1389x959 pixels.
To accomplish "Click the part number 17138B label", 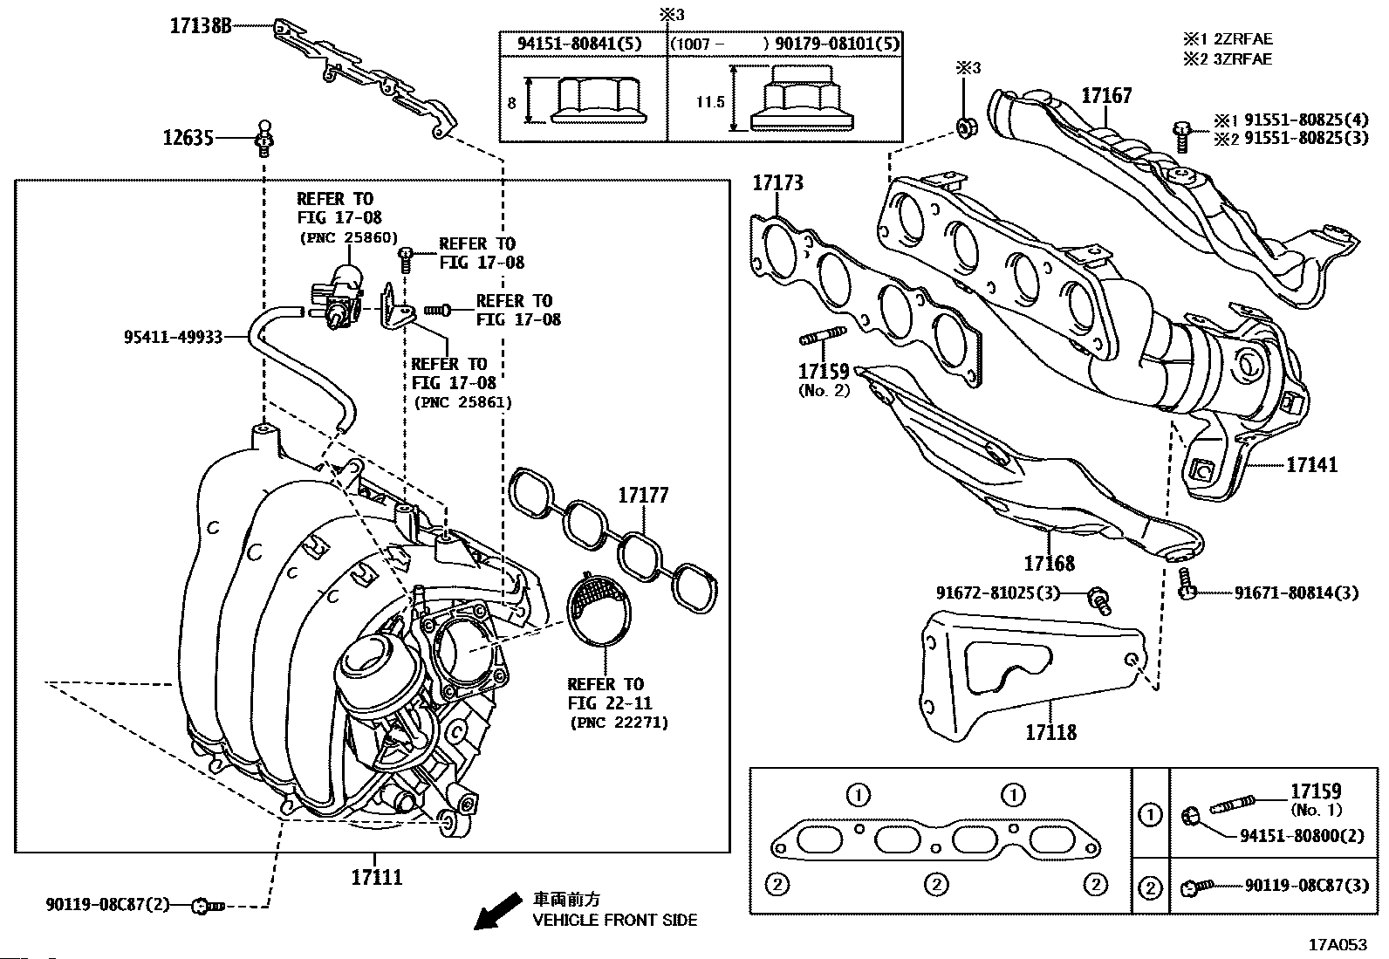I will (x=201, y=26).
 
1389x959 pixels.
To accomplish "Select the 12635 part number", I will (x=188, y=138).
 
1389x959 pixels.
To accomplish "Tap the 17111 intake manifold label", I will (x=377, y=876).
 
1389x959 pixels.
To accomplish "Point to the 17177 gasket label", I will (x=643, y=496).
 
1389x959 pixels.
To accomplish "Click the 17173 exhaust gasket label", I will (x=777, y=183).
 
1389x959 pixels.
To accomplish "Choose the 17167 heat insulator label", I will (x=1106, y=96).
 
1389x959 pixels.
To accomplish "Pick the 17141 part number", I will (x=1311, y=465).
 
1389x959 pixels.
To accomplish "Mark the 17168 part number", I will (x=1049, y=563).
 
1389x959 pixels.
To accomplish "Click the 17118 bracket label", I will (x=1050, y=732).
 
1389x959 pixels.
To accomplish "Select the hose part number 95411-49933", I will (x=172, y=336).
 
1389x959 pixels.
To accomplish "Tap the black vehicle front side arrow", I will (x=491, y=914).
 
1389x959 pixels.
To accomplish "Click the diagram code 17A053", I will (x=1337, y=944).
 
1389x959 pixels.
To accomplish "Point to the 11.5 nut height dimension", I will (x=710, y=102).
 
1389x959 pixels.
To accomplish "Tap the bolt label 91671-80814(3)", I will (x=1296, y=593).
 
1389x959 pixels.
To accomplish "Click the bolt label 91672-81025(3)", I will (x=997, y=593).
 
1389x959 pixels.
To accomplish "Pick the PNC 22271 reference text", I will (x=618, y=723).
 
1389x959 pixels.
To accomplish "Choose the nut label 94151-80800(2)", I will (x=1302, y=834).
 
